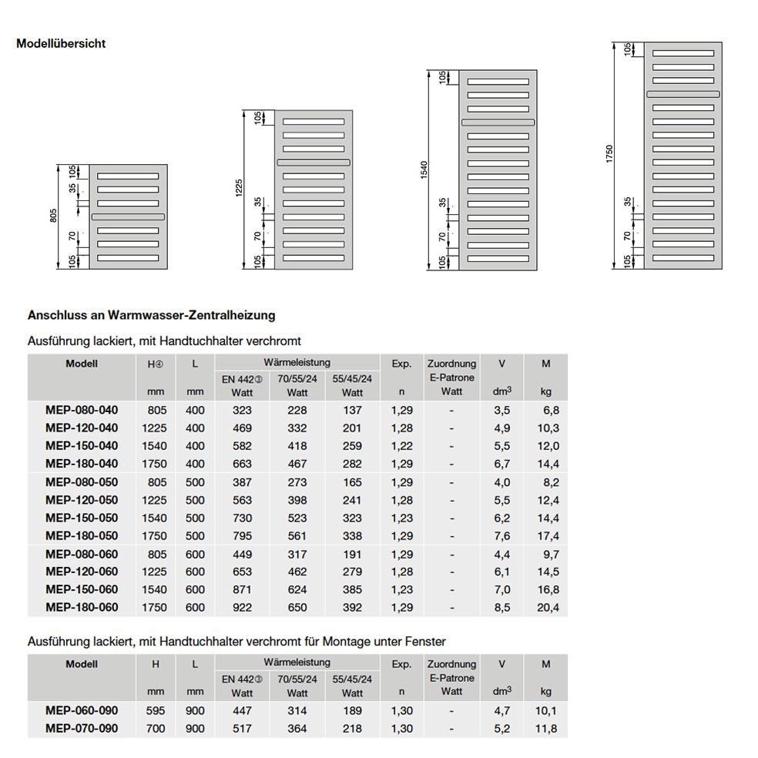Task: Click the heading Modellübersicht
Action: [61, 44]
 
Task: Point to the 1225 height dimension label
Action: [239, 189]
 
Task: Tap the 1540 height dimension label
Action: [422, 170]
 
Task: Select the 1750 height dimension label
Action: [609, 153]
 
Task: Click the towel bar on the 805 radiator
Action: [128, 217]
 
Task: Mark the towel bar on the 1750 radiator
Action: [683, 94]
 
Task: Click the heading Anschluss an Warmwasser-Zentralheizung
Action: [151, 315]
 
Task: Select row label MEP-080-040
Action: [82, 411]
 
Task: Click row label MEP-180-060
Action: [82, 608]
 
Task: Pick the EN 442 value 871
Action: [243, 589]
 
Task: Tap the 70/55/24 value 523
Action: [297, 518]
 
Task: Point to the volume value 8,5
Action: [501, 608]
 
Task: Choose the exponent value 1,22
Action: [402, 446]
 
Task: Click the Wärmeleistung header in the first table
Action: [297, 362]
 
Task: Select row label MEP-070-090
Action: [82, 728]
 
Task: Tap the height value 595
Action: [155, 710]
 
